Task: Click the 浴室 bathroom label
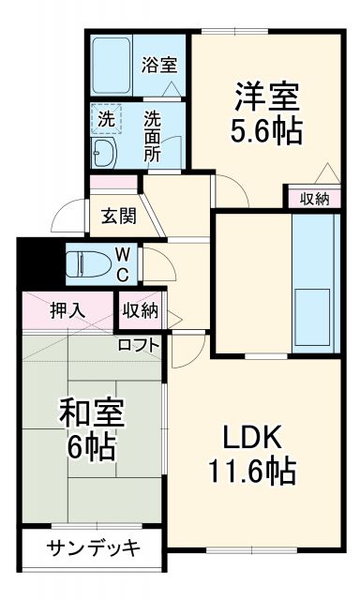(158, 66)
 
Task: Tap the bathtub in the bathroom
(112, 65)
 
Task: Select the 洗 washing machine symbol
(106, 119)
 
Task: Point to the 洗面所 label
(153, 137)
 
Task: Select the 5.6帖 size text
(267, 132)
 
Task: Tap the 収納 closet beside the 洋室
(314, 198)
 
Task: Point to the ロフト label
(138, 344)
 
